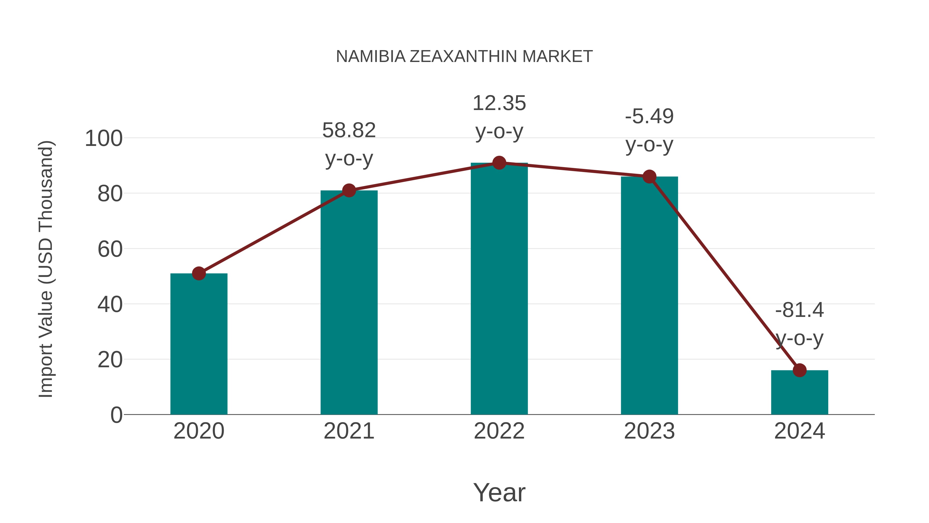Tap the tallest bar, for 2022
(499, 289)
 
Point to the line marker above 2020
(199, 274)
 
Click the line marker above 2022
(499, 163)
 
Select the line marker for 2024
(799, 370)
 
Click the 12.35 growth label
(499, 117)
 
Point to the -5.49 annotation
(649, 130)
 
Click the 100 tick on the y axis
(103, 139)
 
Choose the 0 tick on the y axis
(116, 415)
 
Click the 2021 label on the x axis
(349, 431)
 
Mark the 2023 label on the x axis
(649, 431)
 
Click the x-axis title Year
(499, 493)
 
